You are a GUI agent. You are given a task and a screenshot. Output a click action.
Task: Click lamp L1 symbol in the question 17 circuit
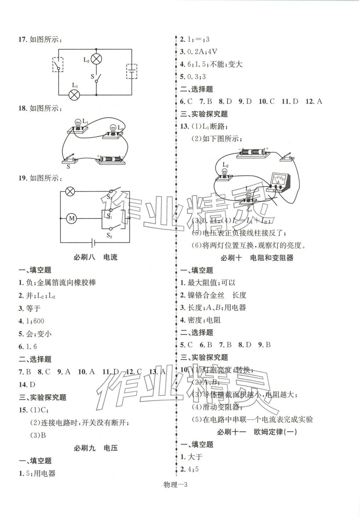point(74,95)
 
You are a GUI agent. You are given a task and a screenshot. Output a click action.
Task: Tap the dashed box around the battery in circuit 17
point(132,72)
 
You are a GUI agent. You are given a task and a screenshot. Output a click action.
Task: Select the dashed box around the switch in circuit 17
point(58,65)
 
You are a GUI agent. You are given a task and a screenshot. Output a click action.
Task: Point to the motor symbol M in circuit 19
point(72,218)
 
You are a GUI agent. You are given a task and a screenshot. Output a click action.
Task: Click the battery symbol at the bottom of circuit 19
point(93,243)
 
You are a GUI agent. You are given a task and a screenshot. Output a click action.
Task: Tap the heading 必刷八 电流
point(95,257)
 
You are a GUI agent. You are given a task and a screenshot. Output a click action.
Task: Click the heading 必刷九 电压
point(95,448)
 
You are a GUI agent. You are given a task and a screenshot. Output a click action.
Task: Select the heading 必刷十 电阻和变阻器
point(257,258)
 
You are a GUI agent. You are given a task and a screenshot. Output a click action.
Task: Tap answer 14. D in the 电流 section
point(27,385)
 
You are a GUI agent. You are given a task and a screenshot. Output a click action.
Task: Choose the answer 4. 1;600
point(31,321)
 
